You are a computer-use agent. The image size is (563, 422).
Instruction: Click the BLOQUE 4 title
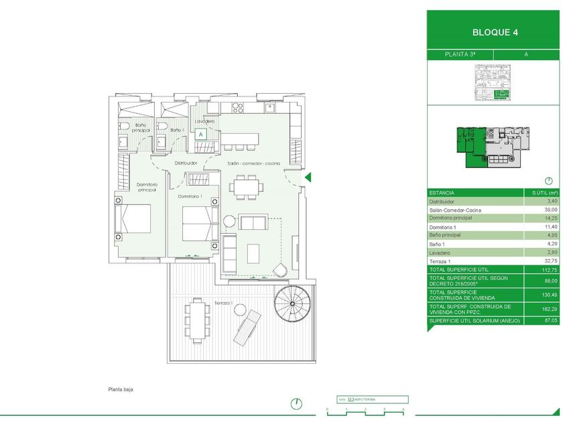pyautogui.click(x=495, y=31)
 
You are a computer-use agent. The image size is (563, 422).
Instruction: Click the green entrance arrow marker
pyautogui.click(x=308, y=177)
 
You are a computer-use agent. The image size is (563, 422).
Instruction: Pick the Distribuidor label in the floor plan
pyautogui.click(x=186, y=163)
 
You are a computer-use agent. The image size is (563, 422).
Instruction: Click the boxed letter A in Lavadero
pyautogui.click(x=200, y=134)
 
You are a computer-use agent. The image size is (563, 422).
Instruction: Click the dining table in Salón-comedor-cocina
pyautogui.click(x=245, y=186)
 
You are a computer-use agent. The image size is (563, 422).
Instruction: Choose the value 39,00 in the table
pyautogui.click(x=550, y=210)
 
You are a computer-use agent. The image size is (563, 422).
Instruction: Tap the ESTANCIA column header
pyautogui.click(x=442, y=192)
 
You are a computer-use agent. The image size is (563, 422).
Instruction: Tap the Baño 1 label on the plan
pyautogui.click(x=176, y=129)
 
